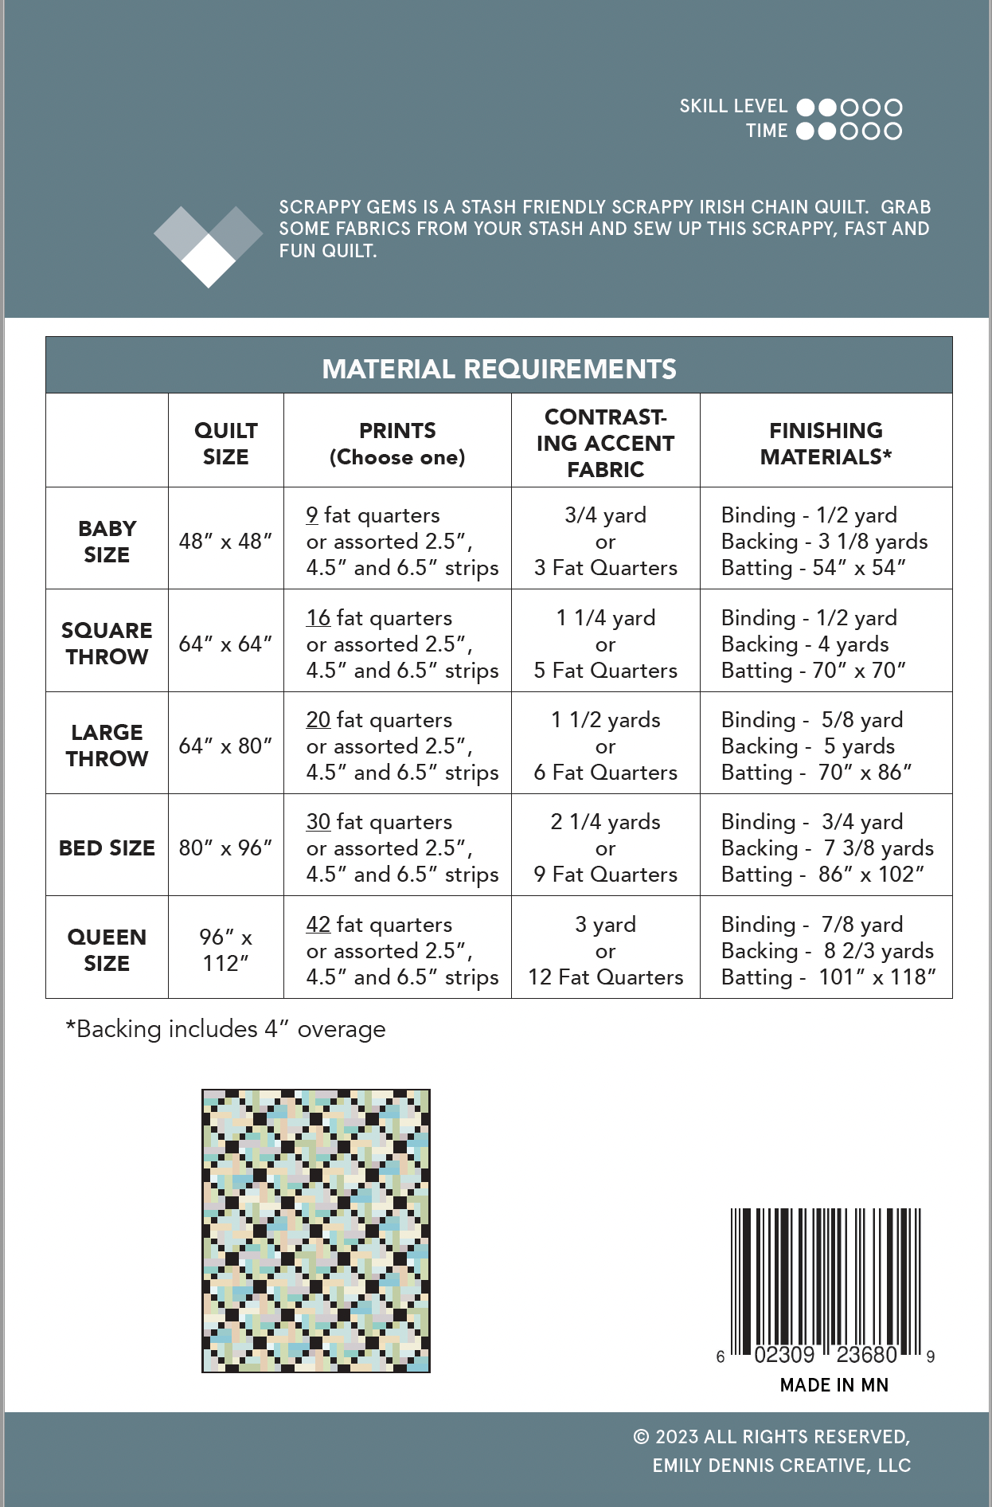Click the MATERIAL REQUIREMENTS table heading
pos(499,369)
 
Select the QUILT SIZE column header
pos(226,444)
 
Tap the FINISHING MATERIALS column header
pos(826,444)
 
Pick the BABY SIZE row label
pos(107,542)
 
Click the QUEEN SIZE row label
pos(107,949)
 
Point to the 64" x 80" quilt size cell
pos(226,746)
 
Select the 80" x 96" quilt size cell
pos(226,847)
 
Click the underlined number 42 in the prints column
pos(318,924)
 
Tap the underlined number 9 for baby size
pos(312,515)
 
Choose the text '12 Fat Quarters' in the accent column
pos(605,977)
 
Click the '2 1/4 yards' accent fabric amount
pos(605,821)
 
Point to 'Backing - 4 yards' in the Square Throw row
pos(805,644)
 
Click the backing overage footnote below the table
pos(225,1029)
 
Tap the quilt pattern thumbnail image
pos(316,1231)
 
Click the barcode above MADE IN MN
pos(826,1282)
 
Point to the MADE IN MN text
pos(834,1385)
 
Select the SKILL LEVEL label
pos(733,107)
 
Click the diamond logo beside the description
pos(208,245)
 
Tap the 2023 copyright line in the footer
pos(771,1437)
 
